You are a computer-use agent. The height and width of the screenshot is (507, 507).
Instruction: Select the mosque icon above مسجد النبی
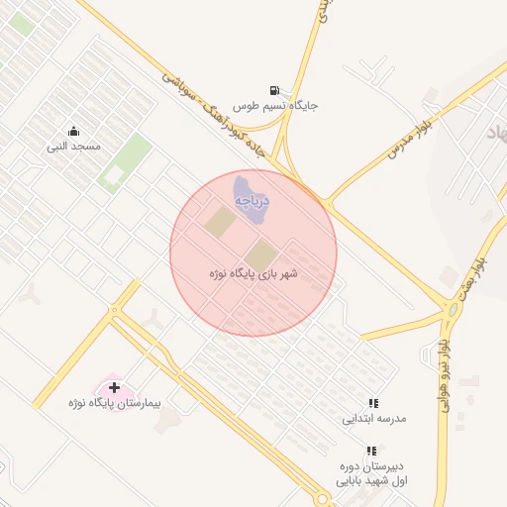pyautogui.click(x=73, y=132)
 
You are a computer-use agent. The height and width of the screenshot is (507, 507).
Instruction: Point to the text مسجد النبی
pyautogui.click(x=74, y=147)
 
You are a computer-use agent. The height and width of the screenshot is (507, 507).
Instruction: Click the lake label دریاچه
pyautogui.click(x=252, y=201)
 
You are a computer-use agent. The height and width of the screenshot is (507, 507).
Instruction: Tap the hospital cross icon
pyautogui.click(x=115, y=387)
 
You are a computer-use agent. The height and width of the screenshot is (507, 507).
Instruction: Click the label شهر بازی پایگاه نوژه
pyautogui.click(x=253, y=272)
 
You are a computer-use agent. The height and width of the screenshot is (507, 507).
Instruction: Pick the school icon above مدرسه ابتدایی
pyautogui.click(x=373, y=403)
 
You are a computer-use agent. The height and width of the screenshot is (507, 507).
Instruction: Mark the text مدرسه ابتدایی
pyautogui.click(x=374, y=418)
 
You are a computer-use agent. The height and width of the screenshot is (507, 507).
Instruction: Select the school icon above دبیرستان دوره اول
pyautogui.click(x=371, y=451)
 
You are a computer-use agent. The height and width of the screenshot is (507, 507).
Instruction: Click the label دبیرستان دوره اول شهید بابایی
pyautogui.click(x=372, y=473)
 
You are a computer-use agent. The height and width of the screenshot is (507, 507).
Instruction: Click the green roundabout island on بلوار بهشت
pyautogui.click(x=454, y=310)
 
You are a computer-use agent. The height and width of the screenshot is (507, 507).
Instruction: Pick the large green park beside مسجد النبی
pyautogui.click(x=124, y=163)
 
